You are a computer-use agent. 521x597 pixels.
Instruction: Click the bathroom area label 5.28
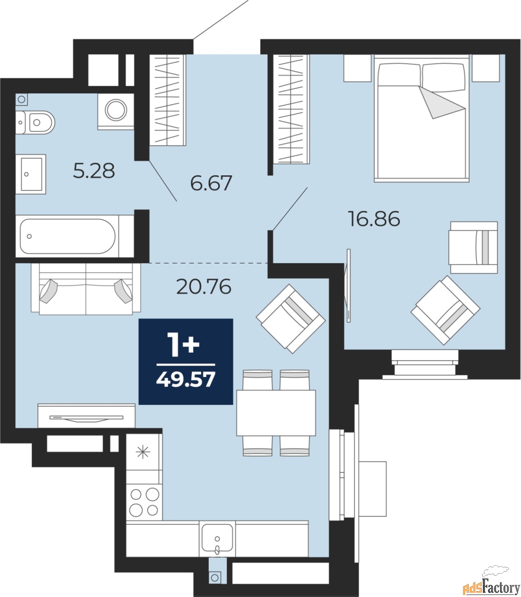click(x=94, y=171)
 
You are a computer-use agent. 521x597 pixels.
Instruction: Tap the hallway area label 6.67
click(x=211, y=183)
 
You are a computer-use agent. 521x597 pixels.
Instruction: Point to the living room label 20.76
click(x=204, y=286)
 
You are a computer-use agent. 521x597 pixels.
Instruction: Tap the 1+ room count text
click(x=185, y=346)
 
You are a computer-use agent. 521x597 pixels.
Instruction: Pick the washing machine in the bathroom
click(x=115, y=111)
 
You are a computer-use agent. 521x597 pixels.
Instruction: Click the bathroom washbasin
click(x=31, y=174)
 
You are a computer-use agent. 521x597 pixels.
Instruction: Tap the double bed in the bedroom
click(x=421, y=119)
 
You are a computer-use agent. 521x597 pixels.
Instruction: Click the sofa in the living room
click(x=86, y=288)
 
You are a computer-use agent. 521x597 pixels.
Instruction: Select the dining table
click(x=276, y=412)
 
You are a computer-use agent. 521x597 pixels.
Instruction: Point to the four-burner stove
click(x=144, y=501)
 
